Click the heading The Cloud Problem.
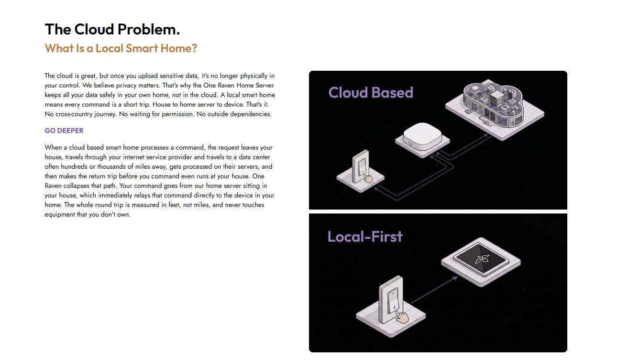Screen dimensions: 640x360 (x=112, y=29)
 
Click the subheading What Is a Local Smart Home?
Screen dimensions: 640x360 (x=121, y=48)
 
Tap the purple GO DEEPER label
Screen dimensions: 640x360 (x=64, y=131)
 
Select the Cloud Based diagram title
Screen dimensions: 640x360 (x=371, y=92)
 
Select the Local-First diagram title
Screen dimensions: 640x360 (x=365, y=237)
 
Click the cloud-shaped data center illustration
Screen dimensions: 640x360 (x=494, y=109)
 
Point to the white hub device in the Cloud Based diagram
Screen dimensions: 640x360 (x=422, y=139)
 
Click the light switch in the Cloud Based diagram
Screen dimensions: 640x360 (x=361, y=167)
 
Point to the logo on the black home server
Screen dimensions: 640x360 (x=482, y=259)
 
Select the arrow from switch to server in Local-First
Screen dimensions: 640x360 (x=434, y=290)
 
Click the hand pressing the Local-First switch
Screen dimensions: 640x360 (x=402, y=317)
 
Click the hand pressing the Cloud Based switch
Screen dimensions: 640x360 (x=368, y=179)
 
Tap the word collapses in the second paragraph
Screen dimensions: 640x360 (x=76, y=186)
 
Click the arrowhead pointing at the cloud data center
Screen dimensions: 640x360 (x=486, y=135)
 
